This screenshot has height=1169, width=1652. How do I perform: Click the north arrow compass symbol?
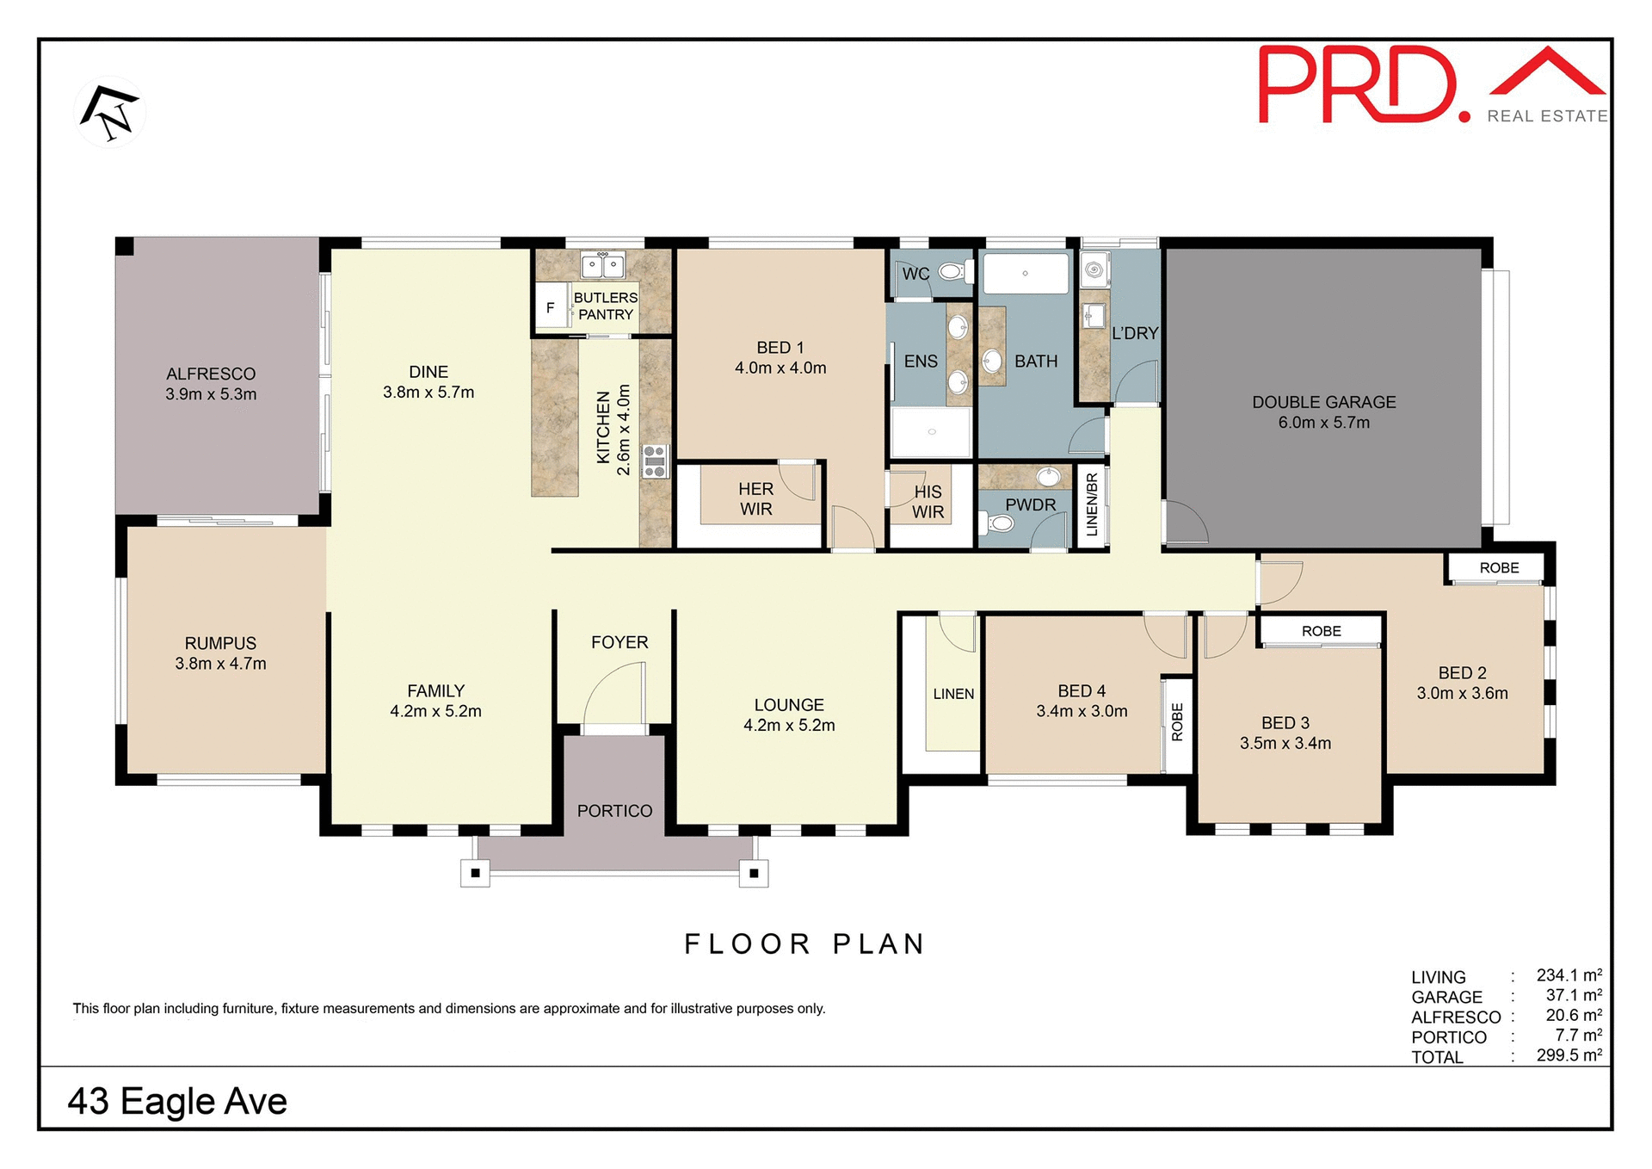click(x=110, y=113)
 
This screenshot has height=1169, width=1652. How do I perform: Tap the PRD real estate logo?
click(x=1432, y=86)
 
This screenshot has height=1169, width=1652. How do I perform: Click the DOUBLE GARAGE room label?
click(x=1323, y=402)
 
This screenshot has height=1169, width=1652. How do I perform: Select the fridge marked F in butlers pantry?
click(x=551, y=308)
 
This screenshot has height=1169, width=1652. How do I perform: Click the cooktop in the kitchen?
click(x=655, y=461)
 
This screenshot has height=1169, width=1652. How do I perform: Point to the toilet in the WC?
click(x=951, y=272)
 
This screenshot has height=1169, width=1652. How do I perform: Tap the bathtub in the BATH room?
click(x=1025, y=273)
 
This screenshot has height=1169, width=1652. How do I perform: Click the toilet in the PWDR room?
click(x=1000, y=523)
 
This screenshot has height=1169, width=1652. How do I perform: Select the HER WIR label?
click(x=755, y=499)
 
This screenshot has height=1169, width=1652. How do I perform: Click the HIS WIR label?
click(x=928, y=502)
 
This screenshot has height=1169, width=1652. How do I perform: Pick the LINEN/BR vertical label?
click(x=1092, y=504)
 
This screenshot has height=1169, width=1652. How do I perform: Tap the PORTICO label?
click(x=614, y=811)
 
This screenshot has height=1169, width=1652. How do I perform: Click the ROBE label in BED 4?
click(x=1177, y=722)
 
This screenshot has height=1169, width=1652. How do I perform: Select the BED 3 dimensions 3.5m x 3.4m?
click(x=1285, y=743)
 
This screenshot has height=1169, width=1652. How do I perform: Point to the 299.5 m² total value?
click(x=1569, y=1055)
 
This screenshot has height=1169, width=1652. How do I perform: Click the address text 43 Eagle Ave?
click(x=177, y=1101)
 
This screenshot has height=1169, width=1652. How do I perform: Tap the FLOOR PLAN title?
click(x=804, y=944)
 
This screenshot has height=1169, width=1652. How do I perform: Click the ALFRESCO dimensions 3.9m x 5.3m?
click(x=211, y=394)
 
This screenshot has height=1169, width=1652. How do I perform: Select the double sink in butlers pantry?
click(x=602, y=266)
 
